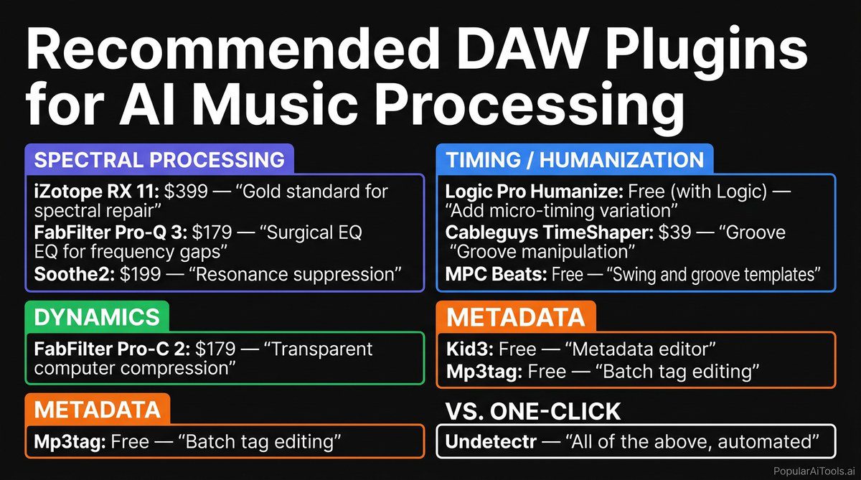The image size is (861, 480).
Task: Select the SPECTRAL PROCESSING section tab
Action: (x=159, y=159)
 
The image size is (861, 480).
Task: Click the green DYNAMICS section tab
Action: (x=97, y=317)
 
